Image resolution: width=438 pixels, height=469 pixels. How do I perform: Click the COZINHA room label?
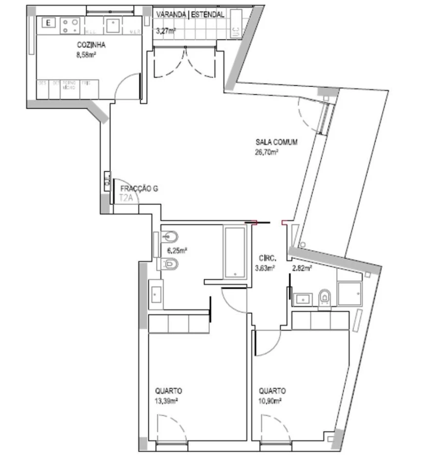(x=91, y=45)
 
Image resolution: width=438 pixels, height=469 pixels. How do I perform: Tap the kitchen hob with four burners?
(x=70, y=26)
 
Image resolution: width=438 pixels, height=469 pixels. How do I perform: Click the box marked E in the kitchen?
(x=48, y=22)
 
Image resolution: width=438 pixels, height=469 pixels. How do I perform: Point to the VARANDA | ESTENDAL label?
(x=190, y=15)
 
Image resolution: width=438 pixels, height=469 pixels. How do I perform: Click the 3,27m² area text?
(x=165, y=31)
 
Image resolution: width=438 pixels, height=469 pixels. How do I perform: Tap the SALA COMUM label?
(x=276, y=143)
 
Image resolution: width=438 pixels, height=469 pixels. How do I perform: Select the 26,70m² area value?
(x=267, y=152)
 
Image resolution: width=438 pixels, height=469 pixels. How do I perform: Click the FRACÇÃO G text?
(x=139, y=189)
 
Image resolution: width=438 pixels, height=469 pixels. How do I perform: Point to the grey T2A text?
(x=127, y=198)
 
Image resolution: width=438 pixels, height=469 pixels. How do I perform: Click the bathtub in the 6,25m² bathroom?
(x=235, y=252)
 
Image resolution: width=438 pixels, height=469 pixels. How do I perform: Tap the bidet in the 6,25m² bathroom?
(x=170, y=237)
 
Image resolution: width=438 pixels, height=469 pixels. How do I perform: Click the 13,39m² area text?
(x=166, y=401)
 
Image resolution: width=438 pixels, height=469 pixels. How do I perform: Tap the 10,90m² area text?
(x=271, y=401)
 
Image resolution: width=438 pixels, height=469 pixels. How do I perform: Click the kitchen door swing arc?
(x=127, y=88)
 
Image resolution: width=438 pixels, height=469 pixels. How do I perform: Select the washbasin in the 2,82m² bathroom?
(x=304, y=298)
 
